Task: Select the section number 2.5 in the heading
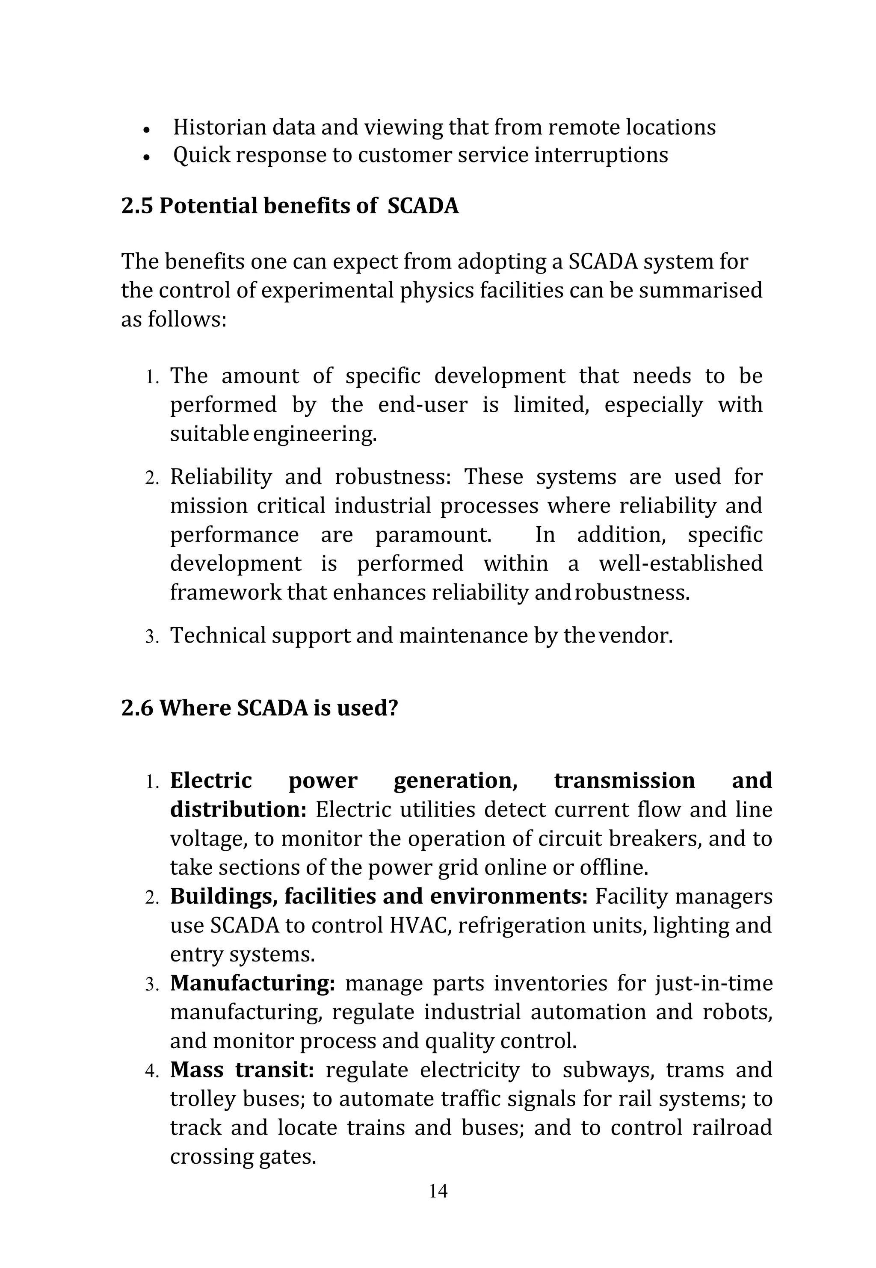pos(137,206)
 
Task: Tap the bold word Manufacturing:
pos(252,983)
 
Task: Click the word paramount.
pos(433,535)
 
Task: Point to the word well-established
pos(680,563)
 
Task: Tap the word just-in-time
pos(713,983)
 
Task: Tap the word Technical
pos(218,636)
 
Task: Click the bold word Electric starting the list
pos(211,781)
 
